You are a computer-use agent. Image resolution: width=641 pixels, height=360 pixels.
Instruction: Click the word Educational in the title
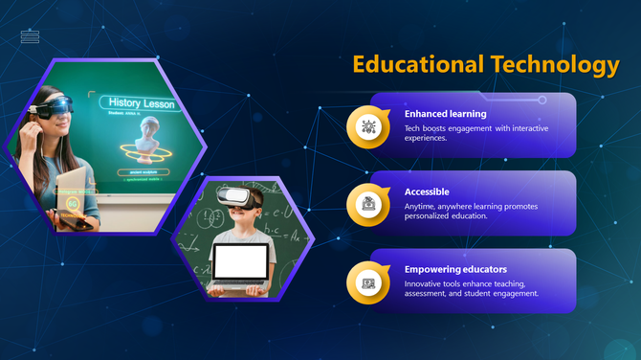click(x=418, y=64)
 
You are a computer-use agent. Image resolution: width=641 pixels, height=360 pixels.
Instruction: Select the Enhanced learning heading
click(x=445, y=114)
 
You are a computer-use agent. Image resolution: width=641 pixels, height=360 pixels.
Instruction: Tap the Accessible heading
click(x=427, y=191)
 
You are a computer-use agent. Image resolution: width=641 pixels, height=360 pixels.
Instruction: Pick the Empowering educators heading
click(x=455, y=269)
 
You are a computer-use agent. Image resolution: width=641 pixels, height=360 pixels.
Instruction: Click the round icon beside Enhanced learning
click(x=368, y=127)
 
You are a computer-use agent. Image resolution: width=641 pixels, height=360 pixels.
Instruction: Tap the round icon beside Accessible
click(x=368, y=204)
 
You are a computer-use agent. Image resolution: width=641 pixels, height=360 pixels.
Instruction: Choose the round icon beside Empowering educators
click(x=368, y=282)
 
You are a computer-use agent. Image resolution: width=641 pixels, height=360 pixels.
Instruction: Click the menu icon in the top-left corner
click(x=31, y=37)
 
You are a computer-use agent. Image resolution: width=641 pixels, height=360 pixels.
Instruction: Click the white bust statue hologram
click(x=145, y=140)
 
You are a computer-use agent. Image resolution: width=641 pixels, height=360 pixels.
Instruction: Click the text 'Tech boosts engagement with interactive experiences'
click(x=475, y=133)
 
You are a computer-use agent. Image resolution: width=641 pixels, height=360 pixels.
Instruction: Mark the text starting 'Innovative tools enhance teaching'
click(x=471, y=288)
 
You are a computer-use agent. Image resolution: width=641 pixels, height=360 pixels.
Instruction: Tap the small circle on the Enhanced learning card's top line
click(x=542, y=99)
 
